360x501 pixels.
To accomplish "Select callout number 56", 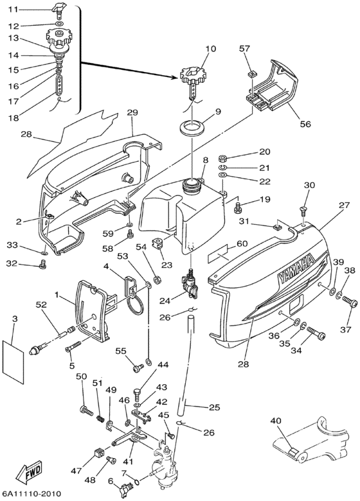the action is (305, 124).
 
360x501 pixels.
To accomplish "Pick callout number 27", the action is (345, 205).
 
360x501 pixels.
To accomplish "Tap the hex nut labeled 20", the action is (222, 158).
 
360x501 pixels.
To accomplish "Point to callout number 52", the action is (40, 305).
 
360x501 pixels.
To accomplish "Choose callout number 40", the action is (276, 421).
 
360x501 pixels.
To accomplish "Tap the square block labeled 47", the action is (100, 453).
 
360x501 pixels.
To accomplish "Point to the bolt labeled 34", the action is (316, 333).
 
